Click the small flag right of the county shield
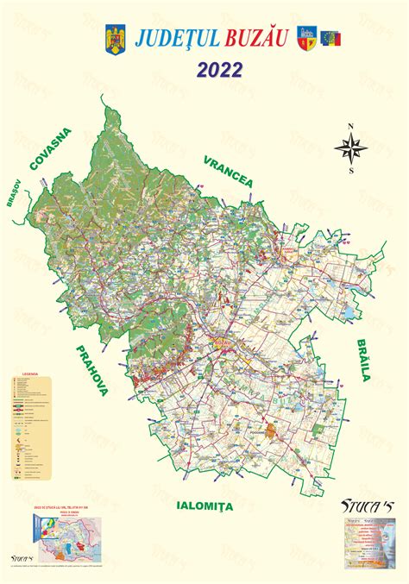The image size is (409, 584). pyautogui.click(x=331, y=39)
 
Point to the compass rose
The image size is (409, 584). pyautogui.click(x=351, y=150)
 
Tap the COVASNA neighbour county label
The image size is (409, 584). pyautogui.click(x=51, y=149)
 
